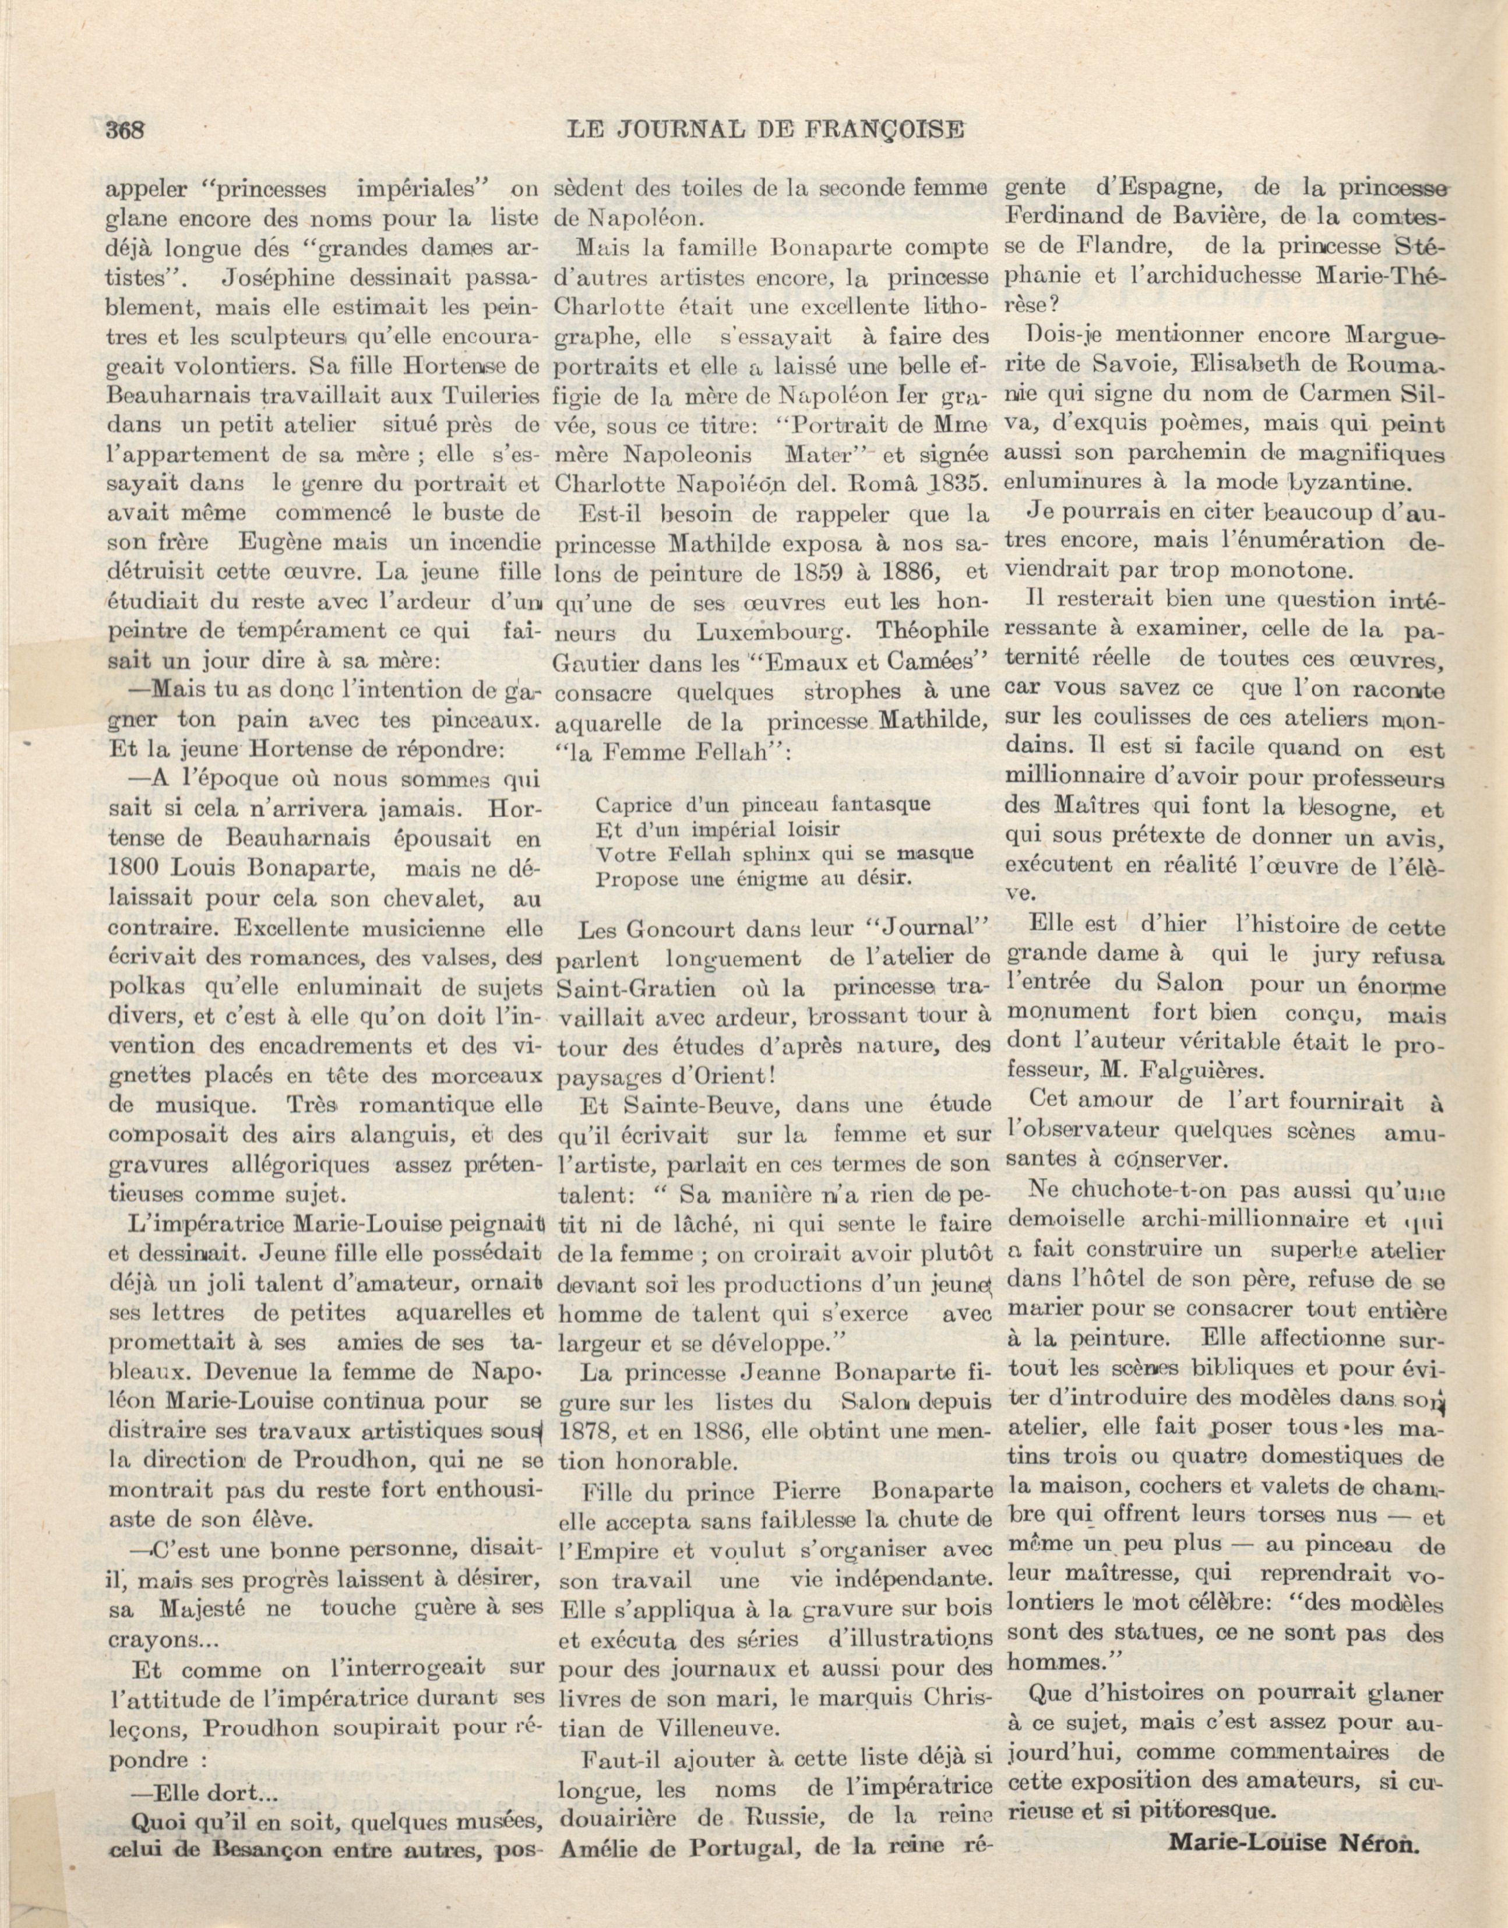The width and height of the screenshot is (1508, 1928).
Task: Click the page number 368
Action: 125,130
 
